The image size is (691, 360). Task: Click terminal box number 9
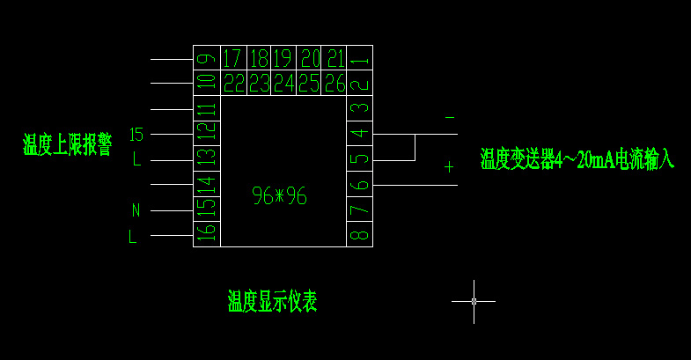(x=207, y=59)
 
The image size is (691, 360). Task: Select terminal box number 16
(x=207, y=233)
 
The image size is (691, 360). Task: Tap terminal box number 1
(x=359, y=59)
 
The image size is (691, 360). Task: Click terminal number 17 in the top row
(x=232, y=59)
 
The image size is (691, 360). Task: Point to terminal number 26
(x=334, y=84)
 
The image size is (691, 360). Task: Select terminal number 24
(x=283, y=84)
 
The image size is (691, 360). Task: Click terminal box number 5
(x=359, y=159)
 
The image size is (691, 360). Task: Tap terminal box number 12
(x=207, y=134)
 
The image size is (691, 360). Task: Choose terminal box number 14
(x=207, y=184)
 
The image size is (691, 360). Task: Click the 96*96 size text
(x=280, y=196)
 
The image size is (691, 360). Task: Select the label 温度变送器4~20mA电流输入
(x=577, y=159)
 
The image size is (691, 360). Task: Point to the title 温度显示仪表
(x=272, y=302)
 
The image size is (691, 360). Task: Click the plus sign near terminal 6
(x=449, y=166)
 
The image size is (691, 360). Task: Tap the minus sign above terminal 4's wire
(x=450, y=117)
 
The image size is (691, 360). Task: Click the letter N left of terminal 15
(x=136, y=210)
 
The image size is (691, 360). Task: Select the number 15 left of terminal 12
(x=136, y=135)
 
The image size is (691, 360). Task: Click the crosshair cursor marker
(x=474, y=301)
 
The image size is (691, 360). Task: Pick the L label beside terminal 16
(x=133, y=236)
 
